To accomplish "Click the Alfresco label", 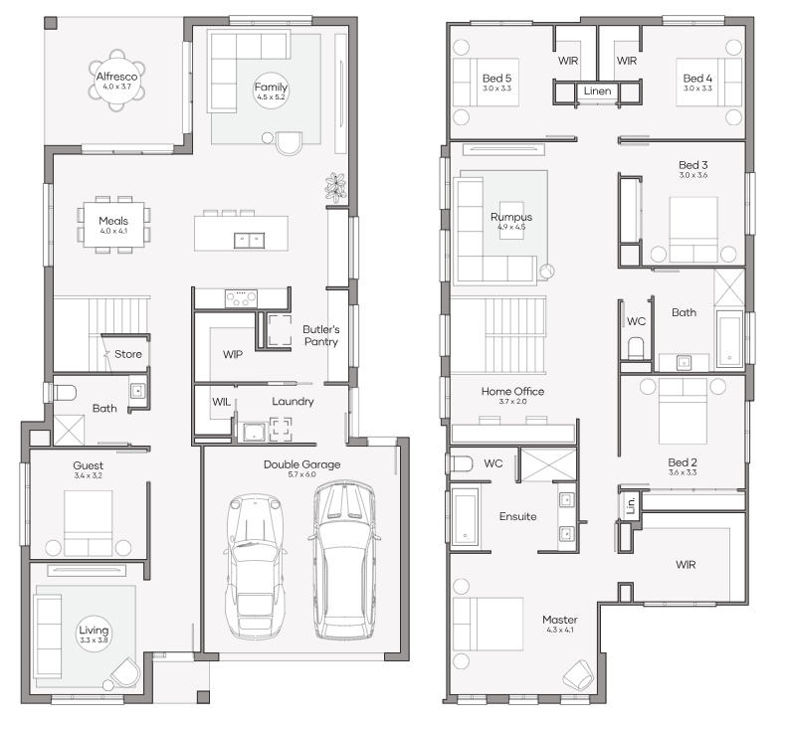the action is pyautogui.click(x=117, y=77).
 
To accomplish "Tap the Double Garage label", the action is pyautogui.click(x=302, y=464).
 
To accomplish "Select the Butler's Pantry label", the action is pyautogui.click(x=321, y=335).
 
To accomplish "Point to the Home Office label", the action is pyautogui.click(x=512, y=391).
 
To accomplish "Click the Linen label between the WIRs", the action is pyautogui.click(x=597, y=91).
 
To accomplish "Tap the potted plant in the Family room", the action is pyautogui.click(x=335, y=187).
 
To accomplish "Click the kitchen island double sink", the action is pyautogui.click(x=249, y=241).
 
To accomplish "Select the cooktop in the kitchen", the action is pyautogui.click(x=241, y=298).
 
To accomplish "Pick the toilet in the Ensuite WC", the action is pyautogui.click(x=460, y=464).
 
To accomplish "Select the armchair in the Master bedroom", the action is pyautogui.click(x=579, y=674).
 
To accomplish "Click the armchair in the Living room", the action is pyautogui.click(x=125, y=672).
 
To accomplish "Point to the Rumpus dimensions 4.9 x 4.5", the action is pyautogui.click(x=511, y=227).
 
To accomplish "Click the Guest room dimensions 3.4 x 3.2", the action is pyautogui.click(x=89, y=475).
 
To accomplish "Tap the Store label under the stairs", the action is pyautogui.click(x=128, y=354).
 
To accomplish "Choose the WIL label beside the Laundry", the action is pyautogui.click(x=221, y=402).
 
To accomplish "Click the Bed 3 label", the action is pyautogui.click(x=693, y=165).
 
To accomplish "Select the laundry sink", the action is pyautogui.click(x=255, y=432).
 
